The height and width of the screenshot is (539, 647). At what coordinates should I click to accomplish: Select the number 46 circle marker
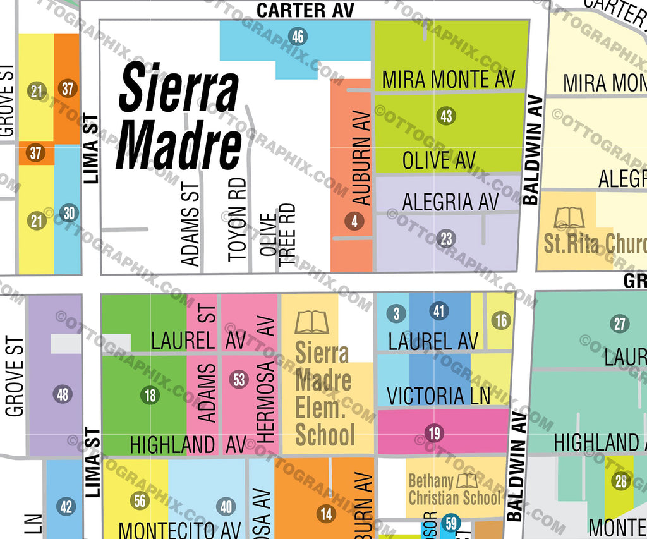pos(298,37)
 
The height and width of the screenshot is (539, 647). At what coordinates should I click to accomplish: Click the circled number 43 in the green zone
pos(446,116)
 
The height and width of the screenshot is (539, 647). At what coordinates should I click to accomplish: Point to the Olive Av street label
pos(438,160)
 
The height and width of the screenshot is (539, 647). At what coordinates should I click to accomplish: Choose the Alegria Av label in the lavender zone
pos(450,202)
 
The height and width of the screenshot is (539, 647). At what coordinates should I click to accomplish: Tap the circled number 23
pos(446,238)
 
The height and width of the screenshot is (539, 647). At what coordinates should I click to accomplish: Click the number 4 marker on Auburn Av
pos(354,221)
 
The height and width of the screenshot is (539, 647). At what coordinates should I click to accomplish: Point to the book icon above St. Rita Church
pos(570,218)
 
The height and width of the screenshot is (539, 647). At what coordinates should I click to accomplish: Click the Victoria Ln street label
pos(438,396)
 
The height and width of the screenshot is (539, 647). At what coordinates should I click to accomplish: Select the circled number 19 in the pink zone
pos(434,433)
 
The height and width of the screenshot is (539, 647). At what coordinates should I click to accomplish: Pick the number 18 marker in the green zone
pos(150,396)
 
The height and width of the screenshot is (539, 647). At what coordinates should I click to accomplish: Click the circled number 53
pos(239,380)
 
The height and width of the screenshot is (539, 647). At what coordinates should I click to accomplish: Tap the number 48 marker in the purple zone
pos(62,394)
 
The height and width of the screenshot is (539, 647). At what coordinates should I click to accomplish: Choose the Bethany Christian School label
pos(454,490)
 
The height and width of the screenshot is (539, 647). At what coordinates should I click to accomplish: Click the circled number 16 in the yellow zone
pos(500,320)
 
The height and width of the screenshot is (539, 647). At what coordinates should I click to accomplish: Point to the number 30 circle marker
pos(69,213)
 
